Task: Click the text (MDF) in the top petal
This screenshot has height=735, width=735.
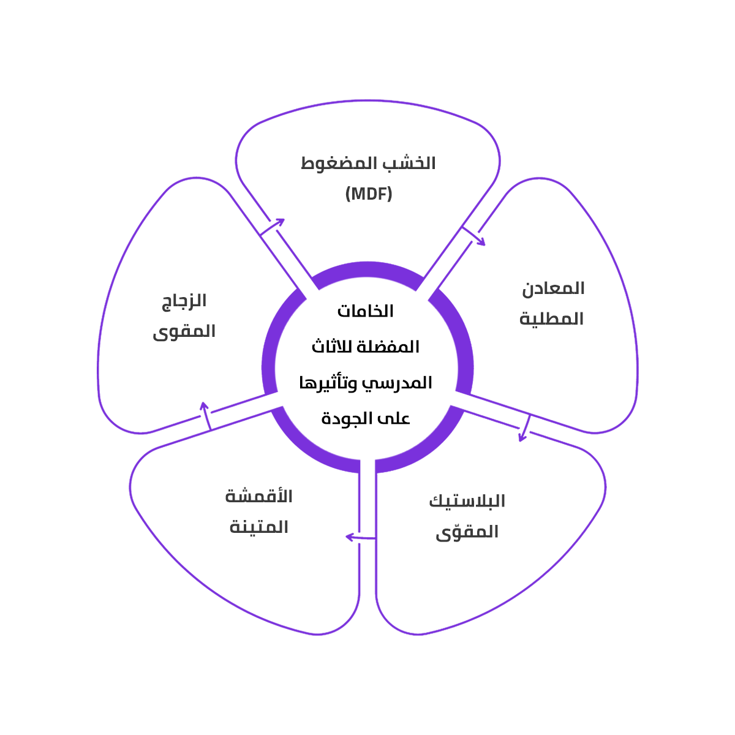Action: pyautogui.click(x=368, y=194)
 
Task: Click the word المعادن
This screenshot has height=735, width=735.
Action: pyautogui.click(x=553, y=288)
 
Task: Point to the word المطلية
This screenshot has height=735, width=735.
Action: pyautogui.click(x=551, y=319)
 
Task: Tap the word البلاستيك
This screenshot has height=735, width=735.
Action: pyautogui.click(x=467, y=501)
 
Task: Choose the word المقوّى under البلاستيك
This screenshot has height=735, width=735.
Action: pyautogui.click(x=467, y=532)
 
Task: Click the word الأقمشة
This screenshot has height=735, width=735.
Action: pyautogui.click(x=258, y=496)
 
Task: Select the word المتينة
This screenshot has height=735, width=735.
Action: pyautogui.click(x=258, y=527)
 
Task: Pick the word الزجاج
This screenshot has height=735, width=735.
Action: pyautogui.click(x=184, y=301)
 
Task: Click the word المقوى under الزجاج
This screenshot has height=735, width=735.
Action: pyautogui.click(x=184, y=332)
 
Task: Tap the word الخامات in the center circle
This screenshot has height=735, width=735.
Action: pyautogui.click(x=366, y=311)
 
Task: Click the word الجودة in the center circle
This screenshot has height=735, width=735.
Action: pyautogui.click(x=347, y=419)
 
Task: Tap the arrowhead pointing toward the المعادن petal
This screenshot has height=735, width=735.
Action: pyautogui.click(x=481, y=242)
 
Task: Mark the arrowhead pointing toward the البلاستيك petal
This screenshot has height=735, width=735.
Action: pyautogui.click(x=522, y=437)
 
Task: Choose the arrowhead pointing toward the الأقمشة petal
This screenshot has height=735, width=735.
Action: pyautogui.click(x=350, y=537)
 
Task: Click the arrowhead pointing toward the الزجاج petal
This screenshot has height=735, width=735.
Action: pyautogui.click(x=204, y=407)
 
